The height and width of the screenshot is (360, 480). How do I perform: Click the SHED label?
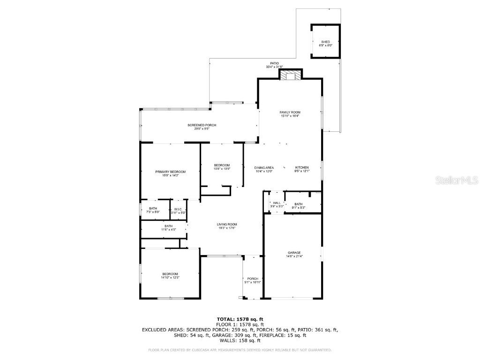click(325, 42)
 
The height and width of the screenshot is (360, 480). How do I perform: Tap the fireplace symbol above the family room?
click(292, 77)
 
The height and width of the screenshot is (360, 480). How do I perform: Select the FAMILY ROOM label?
click(290, 112)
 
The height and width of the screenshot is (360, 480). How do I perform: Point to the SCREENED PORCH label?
click(202, 125)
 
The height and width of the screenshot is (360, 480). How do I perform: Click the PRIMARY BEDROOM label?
click(170, 172)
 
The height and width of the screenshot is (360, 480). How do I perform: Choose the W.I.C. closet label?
click(178, 209)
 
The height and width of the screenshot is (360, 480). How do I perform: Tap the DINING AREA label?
click(264, 168)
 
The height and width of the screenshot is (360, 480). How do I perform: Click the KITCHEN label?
click(301, 168)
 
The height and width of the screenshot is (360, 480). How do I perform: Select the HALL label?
click(277, 203)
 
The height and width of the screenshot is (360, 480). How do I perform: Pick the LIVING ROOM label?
click(226, 225)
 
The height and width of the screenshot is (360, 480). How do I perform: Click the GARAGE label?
click(294, 253)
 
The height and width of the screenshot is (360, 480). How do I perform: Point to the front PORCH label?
click(253, 279)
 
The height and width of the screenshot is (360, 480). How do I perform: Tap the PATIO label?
click(274, 63)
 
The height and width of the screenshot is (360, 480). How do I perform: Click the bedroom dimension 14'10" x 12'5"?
click(170, 277)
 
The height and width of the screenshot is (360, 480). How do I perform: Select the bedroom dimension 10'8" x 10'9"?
click(222, 169)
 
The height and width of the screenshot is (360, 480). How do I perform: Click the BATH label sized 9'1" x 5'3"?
click(299, 204)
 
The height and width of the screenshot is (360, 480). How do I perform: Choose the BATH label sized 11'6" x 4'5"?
click(155, 226)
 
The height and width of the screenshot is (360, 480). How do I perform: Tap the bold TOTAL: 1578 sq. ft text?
click(240, 319)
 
